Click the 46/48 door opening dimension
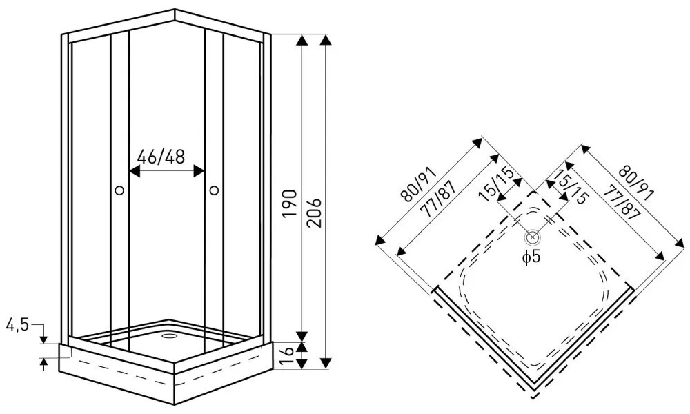pyautogui.click(x=161, y=157)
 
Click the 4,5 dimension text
pyautogui.click(x=17, y=324)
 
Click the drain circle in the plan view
pyautogui.click(x=533, y=238)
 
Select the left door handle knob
pyautogui.click(x=119, y=190)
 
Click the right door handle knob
pyautogui.click(x=213, y=190)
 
